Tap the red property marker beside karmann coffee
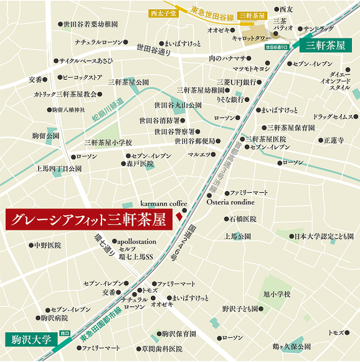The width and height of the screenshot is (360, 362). tap(178, 216)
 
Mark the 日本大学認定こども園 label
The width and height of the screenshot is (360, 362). tap(323, 236)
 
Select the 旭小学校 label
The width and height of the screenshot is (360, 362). tap(277, 294)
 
